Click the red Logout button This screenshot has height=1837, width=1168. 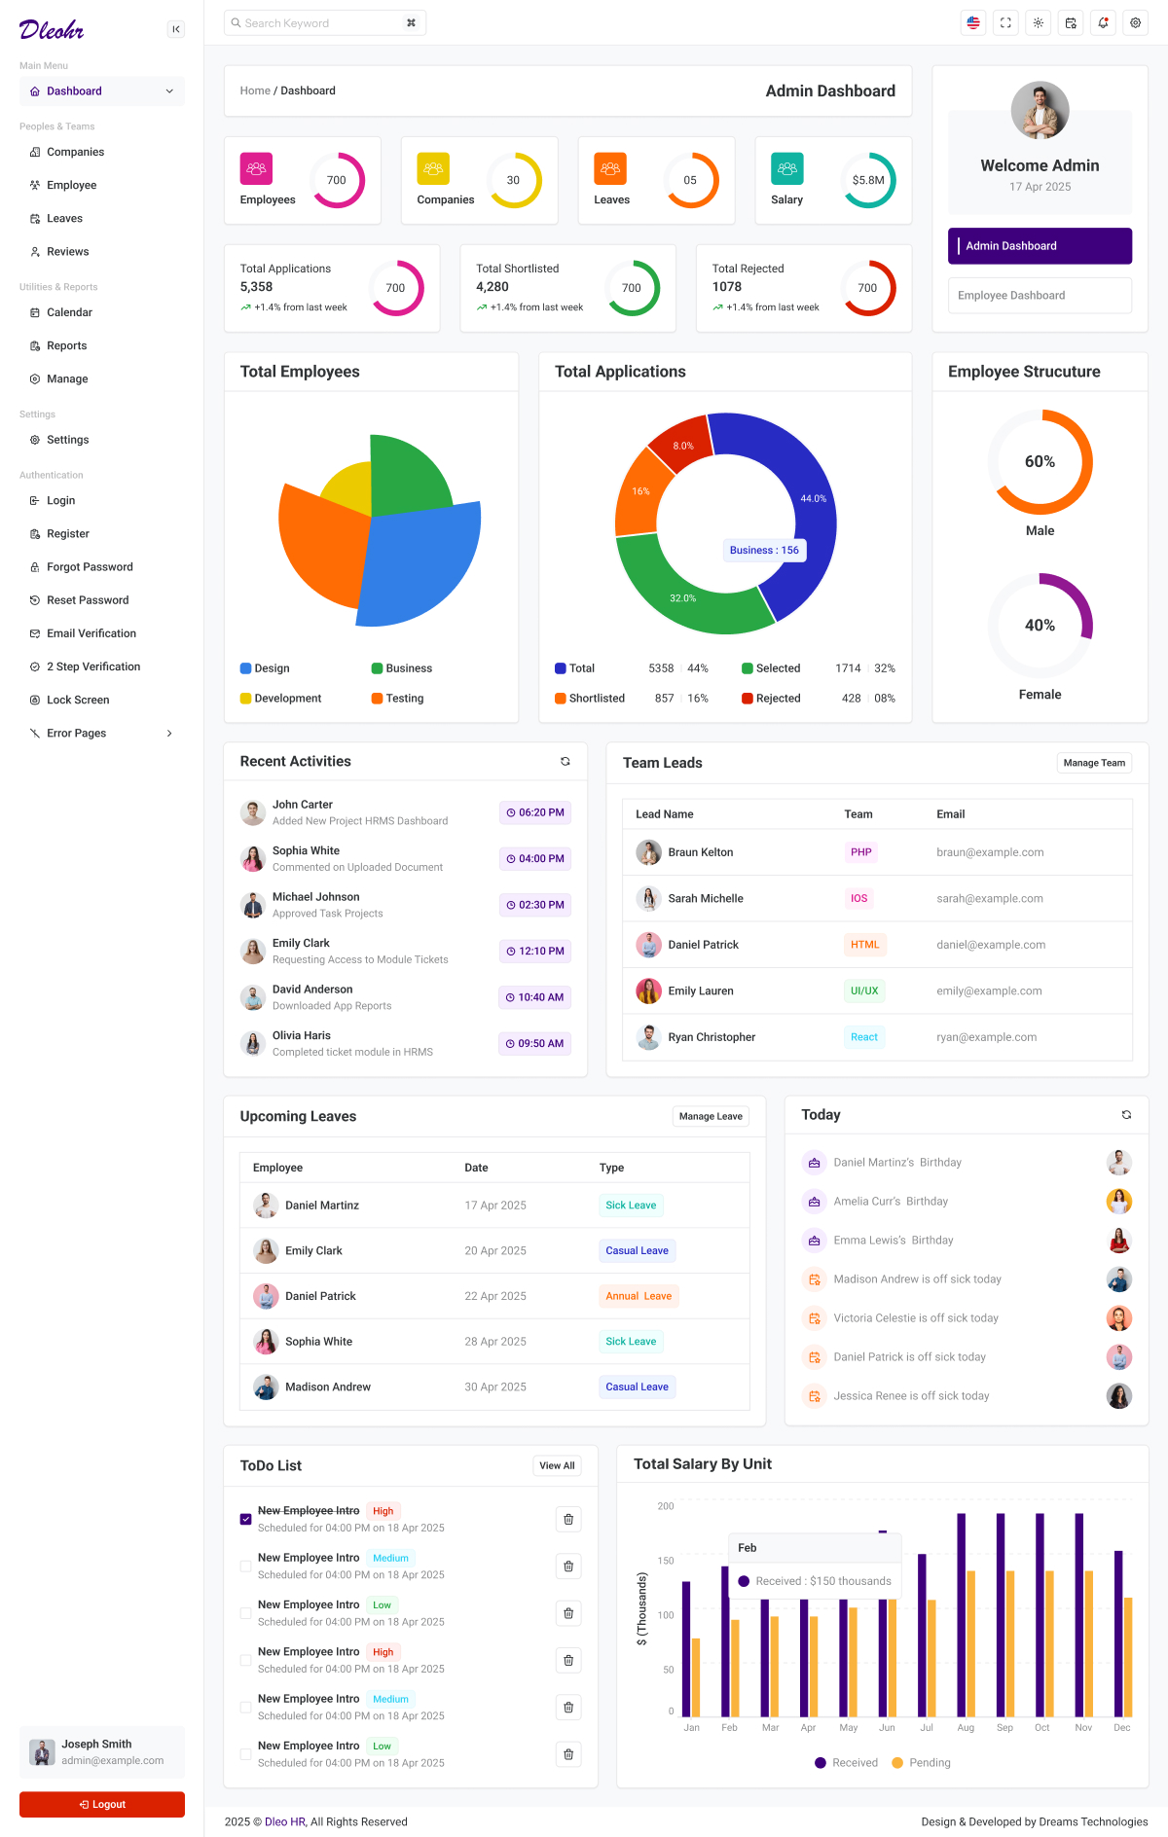point(102,1804)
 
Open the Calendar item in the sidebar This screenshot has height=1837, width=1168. point(69,312)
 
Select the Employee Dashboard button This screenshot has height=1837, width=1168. point(1040,296)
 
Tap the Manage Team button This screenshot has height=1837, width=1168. point(1094,763)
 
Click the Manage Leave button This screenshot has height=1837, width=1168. point(711,1116)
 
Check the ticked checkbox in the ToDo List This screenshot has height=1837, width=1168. point(245,1519)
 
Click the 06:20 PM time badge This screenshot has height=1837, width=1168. point(535,812)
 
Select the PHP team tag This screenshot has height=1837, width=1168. point(861,852)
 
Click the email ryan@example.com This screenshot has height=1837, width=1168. point(986,1037)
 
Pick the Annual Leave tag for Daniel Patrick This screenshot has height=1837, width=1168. point(639,1296)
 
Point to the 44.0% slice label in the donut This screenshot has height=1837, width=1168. point(813,498)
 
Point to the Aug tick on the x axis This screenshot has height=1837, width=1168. point(966,1728)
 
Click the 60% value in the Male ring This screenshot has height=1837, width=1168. point(1040,461)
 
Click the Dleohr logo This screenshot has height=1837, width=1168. point(52,30)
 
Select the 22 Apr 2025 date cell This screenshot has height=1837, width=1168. point(495,1296)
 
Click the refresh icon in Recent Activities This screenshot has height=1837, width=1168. point(566,762)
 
